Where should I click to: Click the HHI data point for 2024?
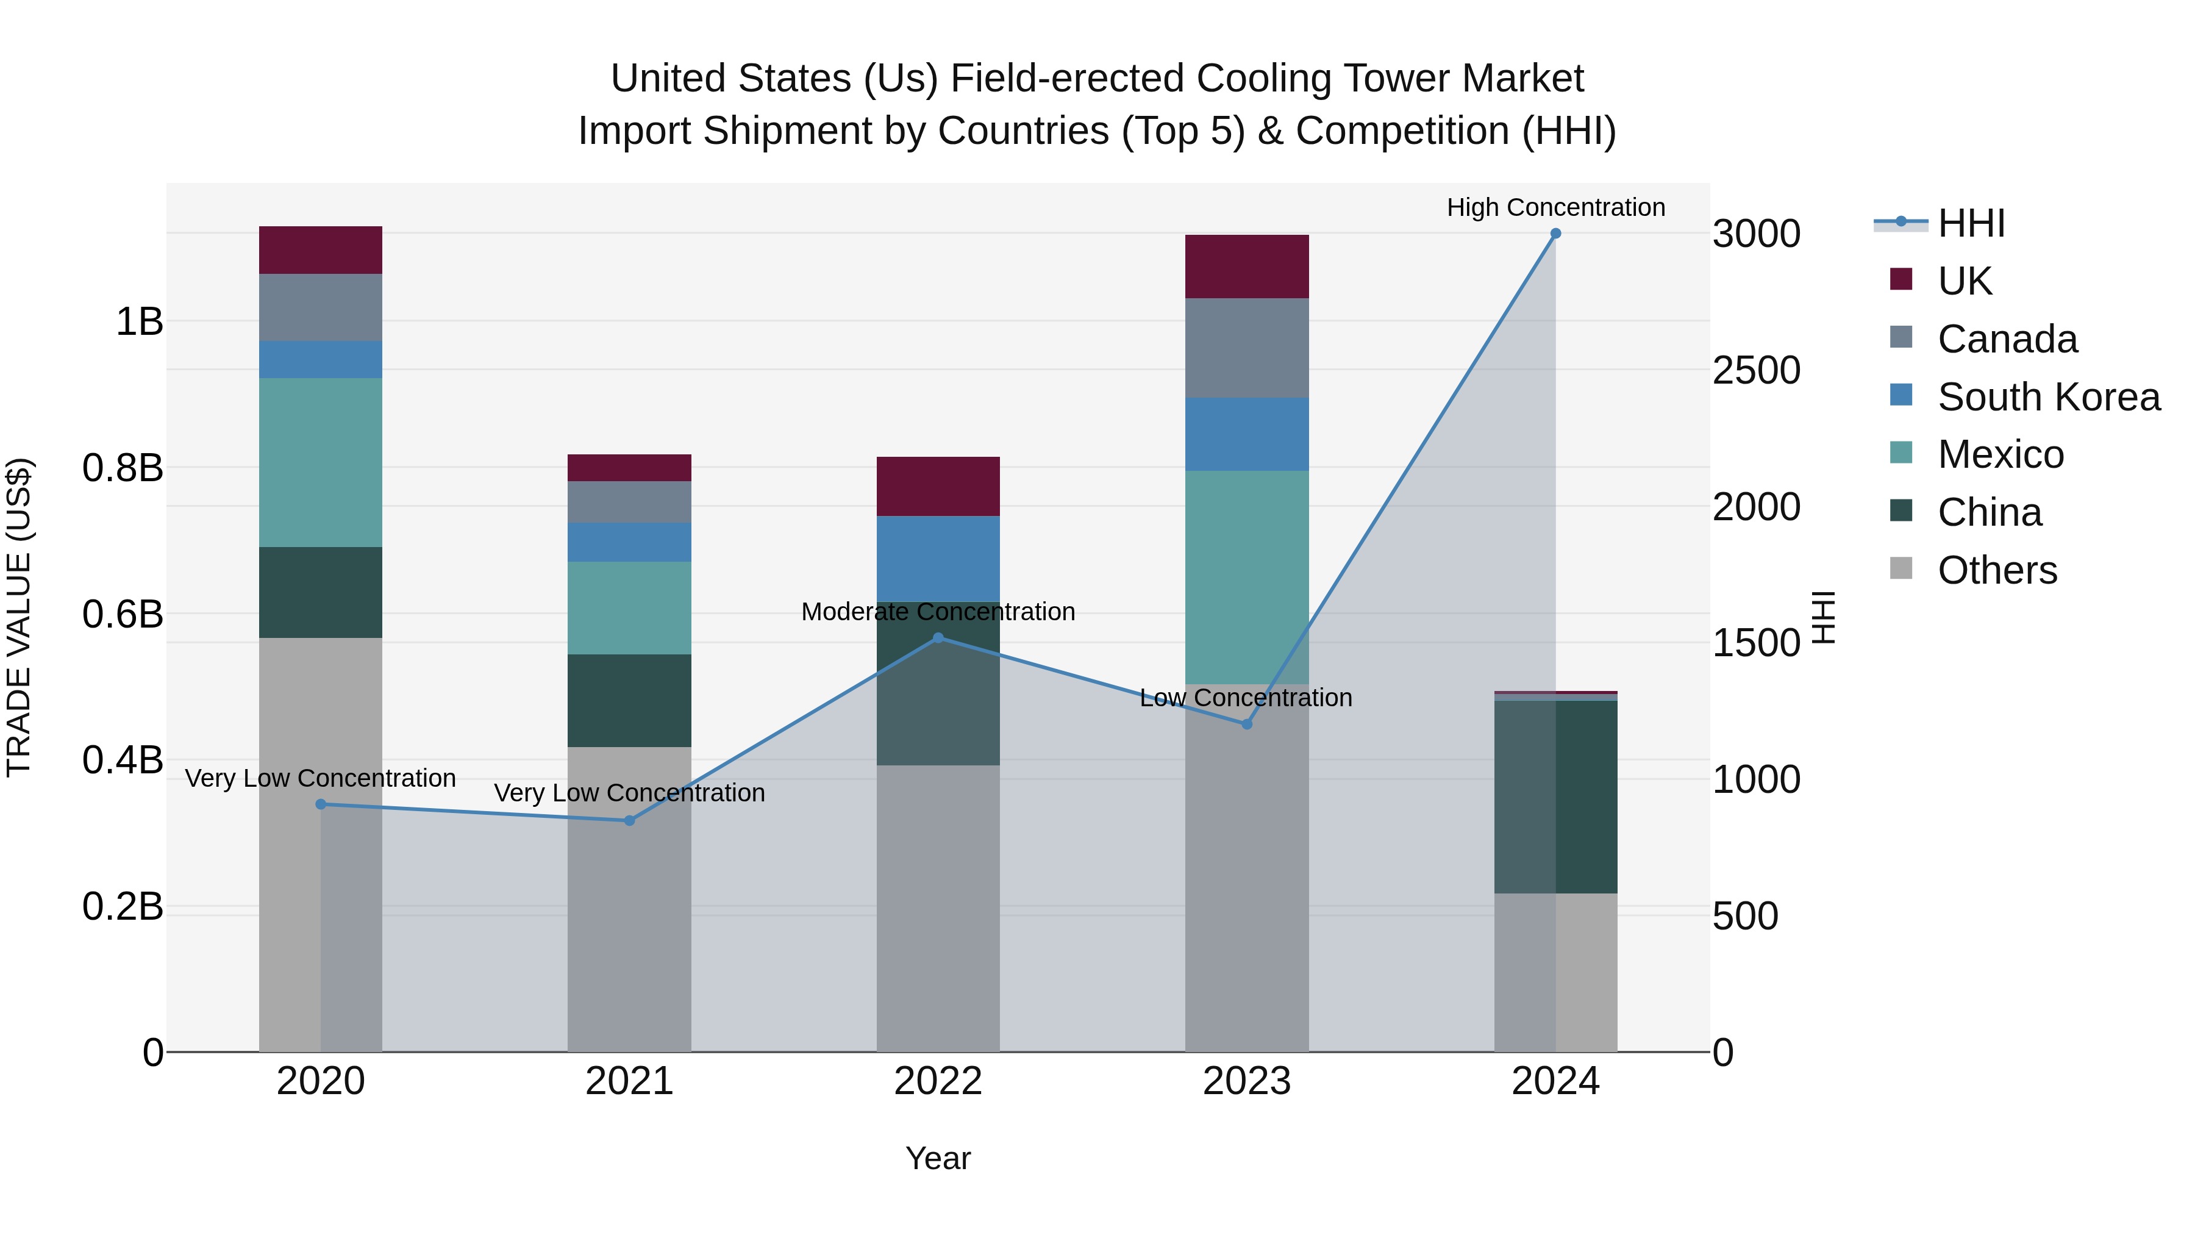tap(1555, 234)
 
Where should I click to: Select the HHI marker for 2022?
tap(938, 637)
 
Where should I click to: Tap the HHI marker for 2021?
tap(630, 821)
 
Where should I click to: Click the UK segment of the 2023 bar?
tap(1247, 266)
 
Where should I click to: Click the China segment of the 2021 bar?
tap(630, 701)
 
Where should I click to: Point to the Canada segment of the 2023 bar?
tap(1247, 348)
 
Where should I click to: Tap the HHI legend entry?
tap(1971, 223)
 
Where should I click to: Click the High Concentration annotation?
tap(1555, 207)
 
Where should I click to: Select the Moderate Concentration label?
tap(938, 612)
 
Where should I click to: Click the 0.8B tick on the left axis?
tap(123, 468)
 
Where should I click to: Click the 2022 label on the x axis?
tap(938, 1081)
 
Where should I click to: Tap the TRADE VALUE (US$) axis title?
tap(19, 617)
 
